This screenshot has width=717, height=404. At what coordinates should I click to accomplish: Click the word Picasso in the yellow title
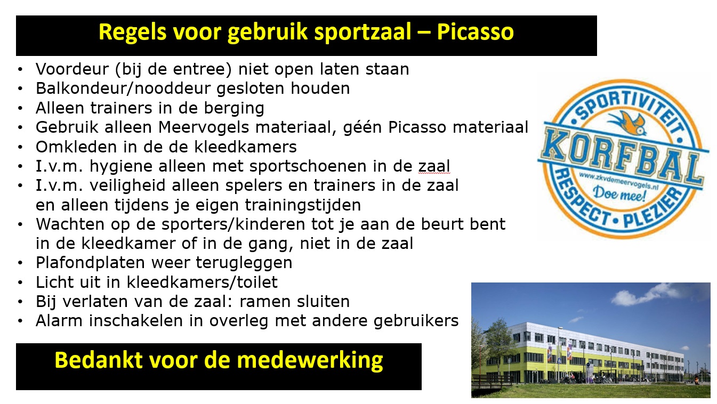coord(476,32)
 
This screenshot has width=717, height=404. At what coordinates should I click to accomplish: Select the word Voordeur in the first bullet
coord(72,69)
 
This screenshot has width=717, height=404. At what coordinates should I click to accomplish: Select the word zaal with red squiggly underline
coord(434,166)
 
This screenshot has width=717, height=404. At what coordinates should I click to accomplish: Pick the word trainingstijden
coord(303,205)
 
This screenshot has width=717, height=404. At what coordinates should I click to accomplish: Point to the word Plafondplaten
coord(90,263)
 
